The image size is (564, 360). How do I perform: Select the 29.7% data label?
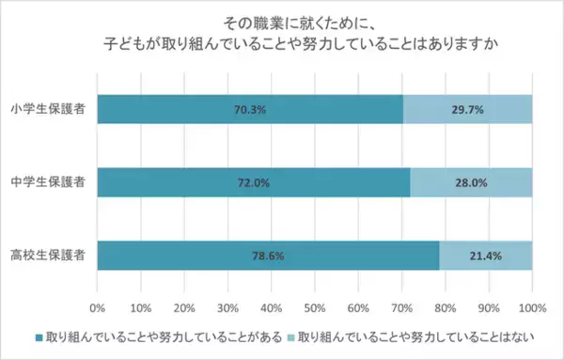(x=467, y=109)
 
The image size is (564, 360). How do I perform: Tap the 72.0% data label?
(x=251, y=182)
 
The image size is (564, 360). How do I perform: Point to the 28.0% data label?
(x=471, y=182)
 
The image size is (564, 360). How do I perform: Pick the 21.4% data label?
(x=485, y=256)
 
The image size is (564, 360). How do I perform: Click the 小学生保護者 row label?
(x=49, y=109)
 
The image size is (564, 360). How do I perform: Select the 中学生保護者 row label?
(x=49, y=182)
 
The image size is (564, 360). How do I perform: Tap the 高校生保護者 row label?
(x=49, y=256)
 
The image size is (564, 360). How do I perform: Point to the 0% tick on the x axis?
(x=97, y=306)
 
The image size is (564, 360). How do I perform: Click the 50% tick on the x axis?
(x=314, y=306)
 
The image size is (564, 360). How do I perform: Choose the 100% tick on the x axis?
(x=532, y=306)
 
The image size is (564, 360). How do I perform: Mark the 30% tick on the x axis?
(x=227, y=306)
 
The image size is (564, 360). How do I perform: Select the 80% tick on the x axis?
(x=445, y=306)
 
